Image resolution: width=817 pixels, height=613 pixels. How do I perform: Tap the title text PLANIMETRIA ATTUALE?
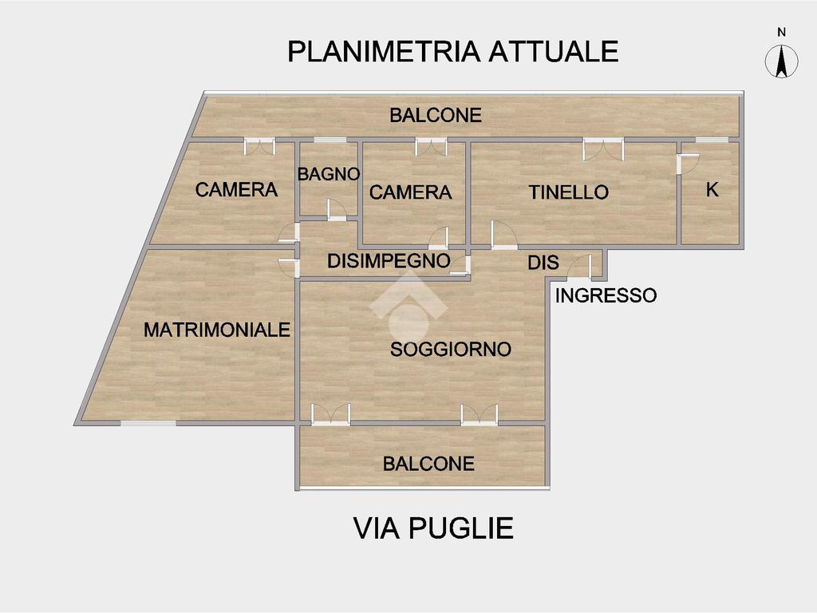click(x=452, y=51)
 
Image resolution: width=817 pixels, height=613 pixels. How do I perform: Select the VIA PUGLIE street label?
click(x=433, y=528)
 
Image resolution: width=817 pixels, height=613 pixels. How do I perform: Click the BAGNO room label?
click(x=329, y=174)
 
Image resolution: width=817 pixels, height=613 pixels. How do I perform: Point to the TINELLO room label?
click(x=569, y=192)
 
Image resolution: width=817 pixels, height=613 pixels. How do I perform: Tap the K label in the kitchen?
click(x=712, y=190)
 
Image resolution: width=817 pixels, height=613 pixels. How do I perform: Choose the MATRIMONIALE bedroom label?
click(x=217, y=330)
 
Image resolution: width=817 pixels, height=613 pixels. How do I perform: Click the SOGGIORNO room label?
click(x=450, y=350)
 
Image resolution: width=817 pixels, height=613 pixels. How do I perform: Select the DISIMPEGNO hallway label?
click(x=389, y=261)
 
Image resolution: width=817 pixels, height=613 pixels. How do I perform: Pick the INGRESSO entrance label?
click(x=606, y=296)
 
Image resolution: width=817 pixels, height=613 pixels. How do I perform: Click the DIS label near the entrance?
click(x=543, y=263)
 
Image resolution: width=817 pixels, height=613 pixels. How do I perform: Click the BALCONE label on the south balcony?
click(x=428, y=464)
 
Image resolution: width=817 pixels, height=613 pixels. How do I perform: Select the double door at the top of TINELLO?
click(x=602, y=148)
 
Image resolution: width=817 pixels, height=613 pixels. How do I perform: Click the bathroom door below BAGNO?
click(x=337, y=209)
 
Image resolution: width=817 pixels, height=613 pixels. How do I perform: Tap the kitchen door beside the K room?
click(x=687, y=162)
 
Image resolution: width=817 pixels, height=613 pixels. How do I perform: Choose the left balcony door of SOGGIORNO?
click(x=331, y=413)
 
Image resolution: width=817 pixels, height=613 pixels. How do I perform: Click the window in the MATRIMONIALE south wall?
click(x=148, y=423)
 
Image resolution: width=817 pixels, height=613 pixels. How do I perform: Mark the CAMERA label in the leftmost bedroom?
click(x=236, y=190)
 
